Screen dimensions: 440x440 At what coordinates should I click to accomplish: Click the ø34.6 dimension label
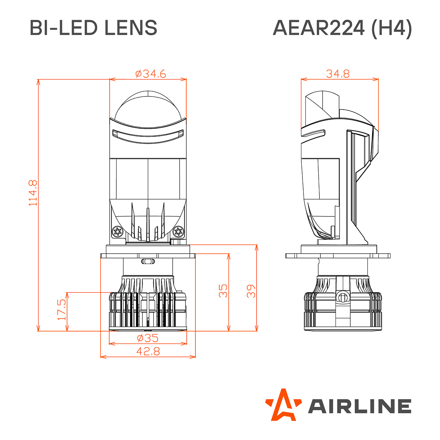click(x=150, y=74)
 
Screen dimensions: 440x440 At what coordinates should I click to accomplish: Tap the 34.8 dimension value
click(x=338, y=74)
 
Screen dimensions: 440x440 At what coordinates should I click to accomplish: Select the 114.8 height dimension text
click(x=33, y=192)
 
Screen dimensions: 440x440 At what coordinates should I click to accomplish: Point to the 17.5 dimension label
click(x=62, y=309)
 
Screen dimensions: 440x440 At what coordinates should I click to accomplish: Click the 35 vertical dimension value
click(x=223, y=290)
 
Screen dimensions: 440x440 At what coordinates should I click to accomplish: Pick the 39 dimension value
click(x=251, y=290)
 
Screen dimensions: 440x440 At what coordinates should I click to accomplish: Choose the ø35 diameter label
click(x=147, y=338)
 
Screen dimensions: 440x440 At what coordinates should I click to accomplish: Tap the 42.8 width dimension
click(x=148, y=351)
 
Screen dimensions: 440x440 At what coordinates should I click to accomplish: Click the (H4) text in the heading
click(x=391, y=28)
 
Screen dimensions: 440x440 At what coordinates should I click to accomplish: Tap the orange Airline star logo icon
click(x=282, y=404)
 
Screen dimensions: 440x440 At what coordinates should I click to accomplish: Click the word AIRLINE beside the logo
click(x=359, y=406)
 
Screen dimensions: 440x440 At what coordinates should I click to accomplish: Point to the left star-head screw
click(x=118, y=232)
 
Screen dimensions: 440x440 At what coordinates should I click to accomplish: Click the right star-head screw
click(x=178, y=232)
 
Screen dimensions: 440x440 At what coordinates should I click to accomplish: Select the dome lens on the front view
click(x=148, y=106)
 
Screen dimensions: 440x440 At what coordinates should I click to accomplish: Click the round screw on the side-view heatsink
click(x=342, y=297)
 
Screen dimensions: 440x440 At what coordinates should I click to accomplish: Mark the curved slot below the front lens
click(x=147, y=134)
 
